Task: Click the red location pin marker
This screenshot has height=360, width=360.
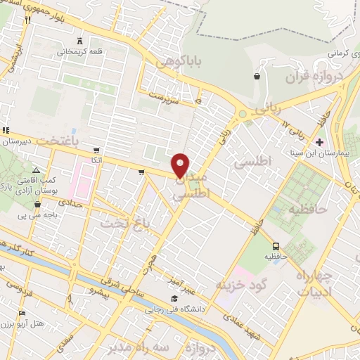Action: point(181,165)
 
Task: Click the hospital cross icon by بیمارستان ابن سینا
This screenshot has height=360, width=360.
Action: point(320,142)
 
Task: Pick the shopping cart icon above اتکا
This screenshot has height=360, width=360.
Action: point(96,150)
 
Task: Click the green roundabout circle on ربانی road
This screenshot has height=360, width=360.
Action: point(243,113)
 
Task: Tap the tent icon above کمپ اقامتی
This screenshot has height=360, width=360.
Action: point(37,171)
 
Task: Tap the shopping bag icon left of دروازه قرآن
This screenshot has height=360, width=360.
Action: point(257,76)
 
